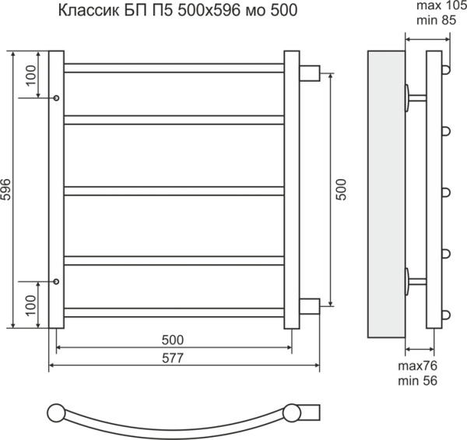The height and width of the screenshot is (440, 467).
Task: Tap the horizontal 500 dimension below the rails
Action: tap(173, 340)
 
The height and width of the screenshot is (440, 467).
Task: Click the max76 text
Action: tap(416, 367)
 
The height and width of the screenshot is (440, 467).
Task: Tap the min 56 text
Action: tap(416, 381)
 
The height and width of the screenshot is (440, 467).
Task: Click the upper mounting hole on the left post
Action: tap(57, 98)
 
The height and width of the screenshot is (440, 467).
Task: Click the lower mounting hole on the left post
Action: tap(57, 282)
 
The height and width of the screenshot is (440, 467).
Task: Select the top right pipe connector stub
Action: tap(309, 73)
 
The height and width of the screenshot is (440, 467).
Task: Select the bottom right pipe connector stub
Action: tap(309, 304)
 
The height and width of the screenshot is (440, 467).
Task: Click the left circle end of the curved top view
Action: tap(58, 413)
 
